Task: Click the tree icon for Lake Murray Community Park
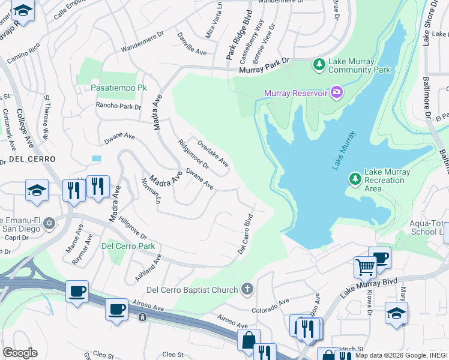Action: pyautogui.click(x=319, y=63)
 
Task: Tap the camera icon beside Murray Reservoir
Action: pyautogui.click(x=337, y=92)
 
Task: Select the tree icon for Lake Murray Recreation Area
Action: pyautogui.click(x=355, y=178)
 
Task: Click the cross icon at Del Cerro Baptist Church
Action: pyautogui.click(x=246, y=290)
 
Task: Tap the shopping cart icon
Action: pyautogui.click(x=364, y=266)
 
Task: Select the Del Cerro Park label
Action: pyautogui.click(x=128, y=246)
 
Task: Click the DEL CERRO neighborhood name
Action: pyautogui.click(x=32, y=159)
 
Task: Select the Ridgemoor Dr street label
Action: pyautogui.click(x=193, y=154)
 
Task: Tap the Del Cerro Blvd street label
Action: pyautogui.click(x=245, y=233)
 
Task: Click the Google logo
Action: pyautogui.click(x=20, y=353)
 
